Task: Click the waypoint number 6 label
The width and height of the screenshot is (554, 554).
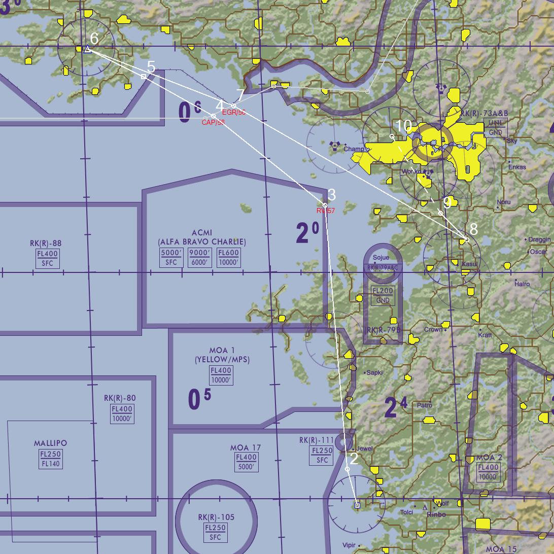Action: pyautogui.click(x=94, y=38)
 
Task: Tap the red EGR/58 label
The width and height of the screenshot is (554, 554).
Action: pyautogui.click(x=234, y=112)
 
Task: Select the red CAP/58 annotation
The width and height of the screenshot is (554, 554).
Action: pyautogui.click(x=213, y=122)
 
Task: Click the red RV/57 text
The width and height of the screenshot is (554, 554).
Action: pyautogui.click(x=326, y=211)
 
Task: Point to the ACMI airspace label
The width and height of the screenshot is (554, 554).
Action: pyautogui.click(x=202, y=233)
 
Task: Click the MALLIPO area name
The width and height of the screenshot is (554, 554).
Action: pyautogui.click(x=50, y=443)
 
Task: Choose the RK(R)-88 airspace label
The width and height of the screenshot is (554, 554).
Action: pyautogui.click(x=46, y=244)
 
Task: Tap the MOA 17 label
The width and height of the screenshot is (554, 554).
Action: pyautogui.click(x=246, y=448)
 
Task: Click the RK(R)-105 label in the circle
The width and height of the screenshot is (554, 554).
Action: pyautogui.click(x=216, y=517)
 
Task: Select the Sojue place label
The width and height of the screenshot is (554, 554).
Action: pyautogui.click(x=381, y=258)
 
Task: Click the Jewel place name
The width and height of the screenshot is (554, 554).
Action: pyautogui.click(x=364, y=448)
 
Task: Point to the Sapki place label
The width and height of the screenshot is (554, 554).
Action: pyautogui.click(x=374, y=373)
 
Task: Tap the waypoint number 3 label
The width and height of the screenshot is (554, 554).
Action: pyautogui.click(x=332, y=195)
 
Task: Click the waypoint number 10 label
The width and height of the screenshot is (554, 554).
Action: pyautogui.click(x=403, y=126)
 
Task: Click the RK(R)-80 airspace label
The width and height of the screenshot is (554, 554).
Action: pyautogui.click(x=120, y=398)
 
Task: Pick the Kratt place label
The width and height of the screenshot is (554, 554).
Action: pyautogui.click(x=485, y=335)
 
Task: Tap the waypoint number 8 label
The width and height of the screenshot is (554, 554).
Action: pyautogui.click(x=474, y=229)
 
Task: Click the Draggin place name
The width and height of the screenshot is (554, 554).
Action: pyautogui.click(x=539, y=239)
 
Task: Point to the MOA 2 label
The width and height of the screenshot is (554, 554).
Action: pyautogui.click(x=490, y=458)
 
